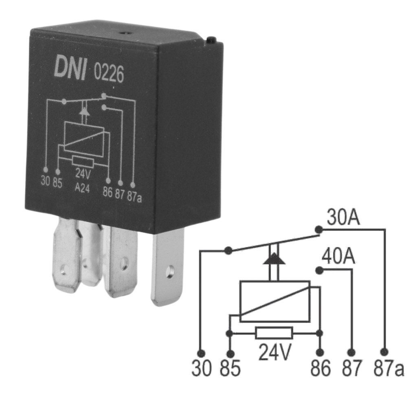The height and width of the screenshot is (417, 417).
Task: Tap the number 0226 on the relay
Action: point(109,74)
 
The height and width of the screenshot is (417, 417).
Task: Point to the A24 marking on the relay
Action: point(83,189)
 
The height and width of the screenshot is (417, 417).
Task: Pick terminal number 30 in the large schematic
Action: point(202,369)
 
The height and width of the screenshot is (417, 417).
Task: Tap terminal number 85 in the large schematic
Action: point(230,369)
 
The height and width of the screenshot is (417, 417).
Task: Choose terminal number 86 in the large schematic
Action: point(320,369)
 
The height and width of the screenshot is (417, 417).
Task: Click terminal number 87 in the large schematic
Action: point(351,369)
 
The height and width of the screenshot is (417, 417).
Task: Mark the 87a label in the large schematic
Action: point(388,369)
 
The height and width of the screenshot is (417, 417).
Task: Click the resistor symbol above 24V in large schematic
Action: point(274,333)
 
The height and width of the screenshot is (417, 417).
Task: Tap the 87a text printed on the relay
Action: point(134,195)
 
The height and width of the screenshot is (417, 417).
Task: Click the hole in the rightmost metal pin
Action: point(170,270)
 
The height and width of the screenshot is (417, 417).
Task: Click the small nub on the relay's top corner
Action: point(211,40)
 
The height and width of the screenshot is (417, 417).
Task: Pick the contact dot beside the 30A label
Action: point(318,230)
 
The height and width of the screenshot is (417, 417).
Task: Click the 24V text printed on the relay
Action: point(83,174)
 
